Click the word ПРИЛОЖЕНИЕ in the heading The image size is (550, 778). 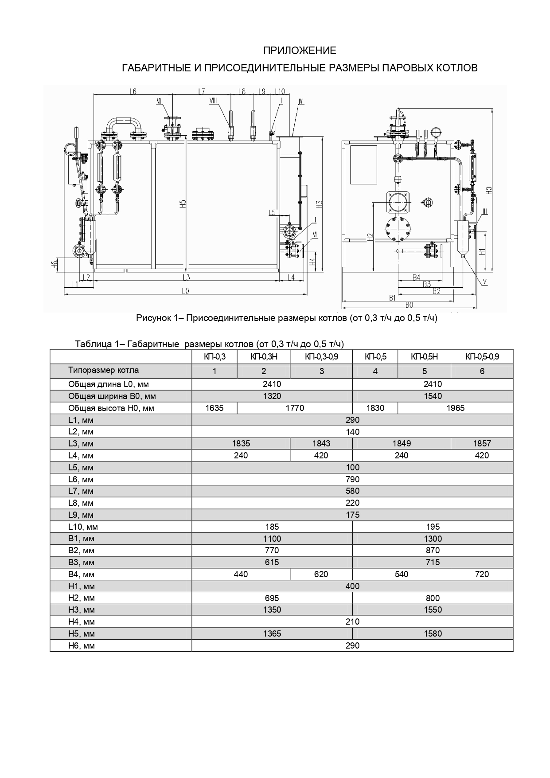300,51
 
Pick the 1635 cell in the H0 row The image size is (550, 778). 215,408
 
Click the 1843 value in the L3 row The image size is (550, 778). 321,443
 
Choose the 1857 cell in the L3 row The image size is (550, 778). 482,443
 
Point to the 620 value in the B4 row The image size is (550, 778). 321,574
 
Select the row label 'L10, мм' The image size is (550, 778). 83,527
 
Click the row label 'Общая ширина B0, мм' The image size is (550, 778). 112,396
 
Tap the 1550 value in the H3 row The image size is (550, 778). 433,610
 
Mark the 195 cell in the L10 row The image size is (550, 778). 433,527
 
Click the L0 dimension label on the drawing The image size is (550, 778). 185,291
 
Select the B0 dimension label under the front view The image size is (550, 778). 409,305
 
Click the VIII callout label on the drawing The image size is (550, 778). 213,102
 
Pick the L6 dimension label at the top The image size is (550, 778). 133,91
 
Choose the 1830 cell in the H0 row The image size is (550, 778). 375,408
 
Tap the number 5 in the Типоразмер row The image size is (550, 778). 424,371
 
